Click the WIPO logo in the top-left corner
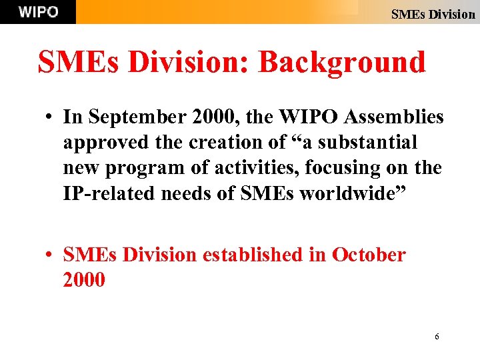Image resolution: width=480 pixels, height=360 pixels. (x=38, y=12)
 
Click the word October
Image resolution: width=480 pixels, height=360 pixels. (x=369, y=255)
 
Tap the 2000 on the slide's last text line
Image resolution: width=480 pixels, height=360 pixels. (x=84, y=280)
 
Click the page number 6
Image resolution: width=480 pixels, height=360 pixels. (x=437, y=337)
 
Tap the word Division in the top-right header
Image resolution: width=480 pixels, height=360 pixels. (x=451, y=13)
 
